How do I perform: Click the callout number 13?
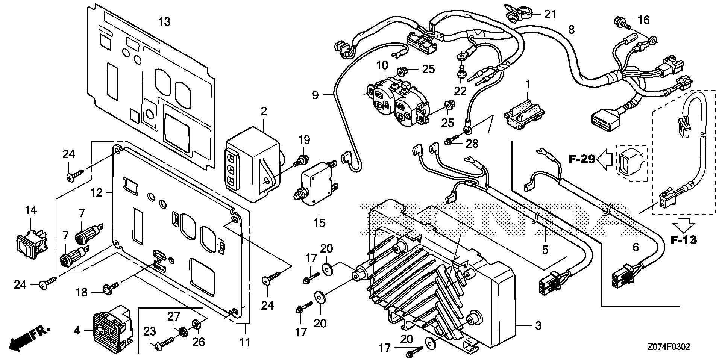164,22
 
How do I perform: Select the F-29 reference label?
582,159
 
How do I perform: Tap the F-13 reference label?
684,240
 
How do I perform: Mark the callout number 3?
538,326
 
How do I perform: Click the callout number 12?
96,193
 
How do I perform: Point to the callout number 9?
315,95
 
